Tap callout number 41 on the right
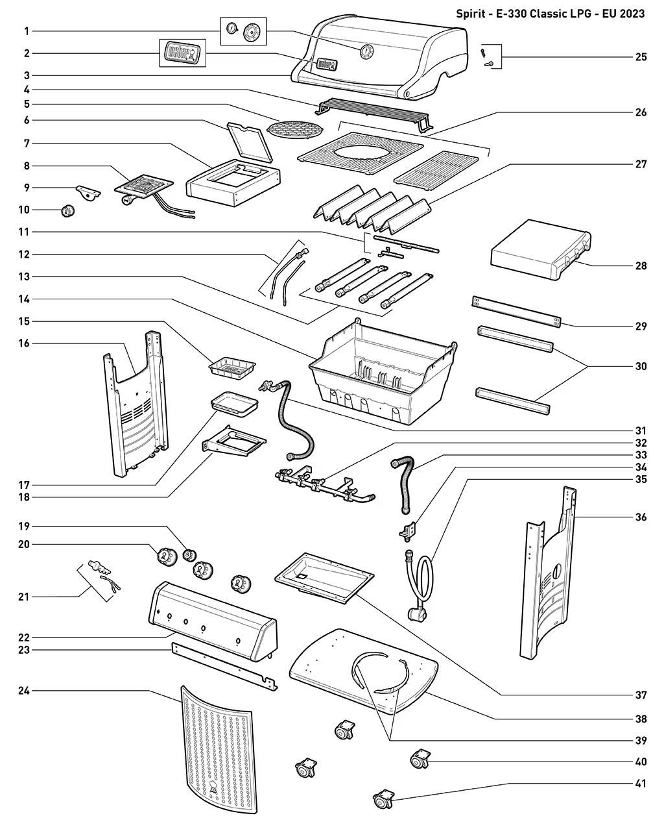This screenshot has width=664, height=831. (x=641, y=784)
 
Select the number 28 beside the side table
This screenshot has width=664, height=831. (x=641, y=266)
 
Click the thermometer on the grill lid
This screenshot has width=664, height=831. (x=366, y=51)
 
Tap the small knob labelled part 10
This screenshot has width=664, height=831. (x=67, y=211)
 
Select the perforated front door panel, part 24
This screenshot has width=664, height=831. (x=215, y=747)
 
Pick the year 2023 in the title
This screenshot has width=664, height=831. (x=632, y=14)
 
